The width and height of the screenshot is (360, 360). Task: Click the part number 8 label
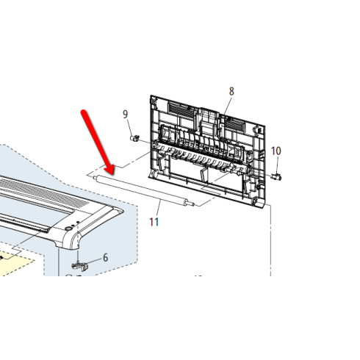pyautogui.click(x=231, y=91)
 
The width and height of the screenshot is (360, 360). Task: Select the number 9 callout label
pyautogui.click(x=125, y=114)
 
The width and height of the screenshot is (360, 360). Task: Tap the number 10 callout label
pyautogui.click(x=276, y=151)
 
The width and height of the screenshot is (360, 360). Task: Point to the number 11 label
pyautogui.click(x=154, y=222)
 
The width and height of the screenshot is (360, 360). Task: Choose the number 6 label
pyautogui.click(x=105, y=258)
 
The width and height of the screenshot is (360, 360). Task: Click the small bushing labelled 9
pyautogui.click(x=134, y=138)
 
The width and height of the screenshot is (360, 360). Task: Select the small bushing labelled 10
pyautogui.click(x=277, y=176)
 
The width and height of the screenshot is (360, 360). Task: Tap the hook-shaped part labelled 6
pyautogui.click(x=79, y=266)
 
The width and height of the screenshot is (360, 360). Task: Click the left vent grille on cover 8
pyautogui.click(x=181, y=109)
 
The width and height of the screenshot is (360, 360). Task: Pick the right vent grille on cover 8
pyautogui.click(x=234, y=123)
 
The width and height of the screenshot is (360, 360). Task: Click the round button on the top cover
pyautogui.click(x=68, y=228)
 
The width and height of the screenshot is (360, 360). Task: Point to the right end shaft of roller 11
pyautogui.click(x=190, y=204)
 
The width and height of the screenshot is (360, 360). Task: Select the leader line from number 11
pyautogui.click(x=158, y=208)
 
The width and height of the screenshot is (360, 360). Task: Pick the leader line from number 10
pyautogui.click(x=277, y=165)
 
